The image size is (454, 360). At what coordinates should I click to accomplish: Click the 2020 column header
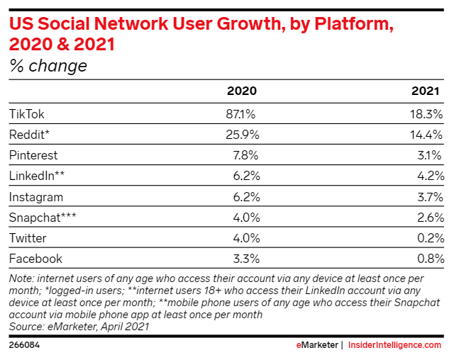pyautogui.click(x=241, y=91)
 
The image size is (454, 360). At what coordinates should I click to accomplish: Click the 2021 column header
pyautogui.click(x=428, y=91)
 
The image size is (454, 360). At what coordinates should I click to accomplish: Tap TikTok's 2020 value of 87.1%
pyautogui.click(x=240, y=113)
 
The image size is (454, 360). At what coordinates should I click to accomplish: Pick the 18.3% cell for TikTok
pyautogui.click(x=427, y=113)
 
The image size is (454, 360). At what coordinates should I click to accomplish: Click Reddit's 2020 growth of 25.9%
pyautogui.click(x=240, y=134)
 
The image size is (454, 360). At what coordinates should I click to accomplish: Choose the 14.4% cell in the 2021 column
pyautogui.click(x=427, y=134)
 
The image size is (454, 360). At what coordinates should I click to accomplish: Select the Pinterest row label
pyautogui.click(x=33, y=154)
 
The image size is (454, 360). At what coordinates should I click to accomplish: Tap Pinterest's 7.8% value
pyautogui.click(x=243, y=154)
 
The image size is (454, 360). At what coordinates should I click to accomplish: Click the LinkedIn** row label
pyautogui.click(x=36, y=176)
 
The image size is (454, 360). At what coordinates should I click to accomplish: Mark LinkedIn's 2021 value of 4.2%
pyautogui.click(x=430, y=176)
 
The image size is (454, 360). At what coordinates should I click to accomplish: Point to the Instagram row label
pyautogui.click(x=36, y=196)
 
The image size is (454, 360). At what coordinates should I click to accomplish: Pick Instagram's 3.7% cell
pyautogui.click(x=430, y=196)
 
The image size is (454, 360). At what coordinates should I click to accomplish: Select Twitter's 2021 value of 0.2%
pyautogui.click(x=430, y=237)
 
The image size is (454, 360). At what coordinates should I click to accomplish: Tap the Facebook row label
pyautogui.click(x=35, y=259)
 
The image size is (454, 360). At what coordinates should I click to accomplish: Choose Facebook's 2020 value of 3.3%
pyautogui.click(x=243, y=259)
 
